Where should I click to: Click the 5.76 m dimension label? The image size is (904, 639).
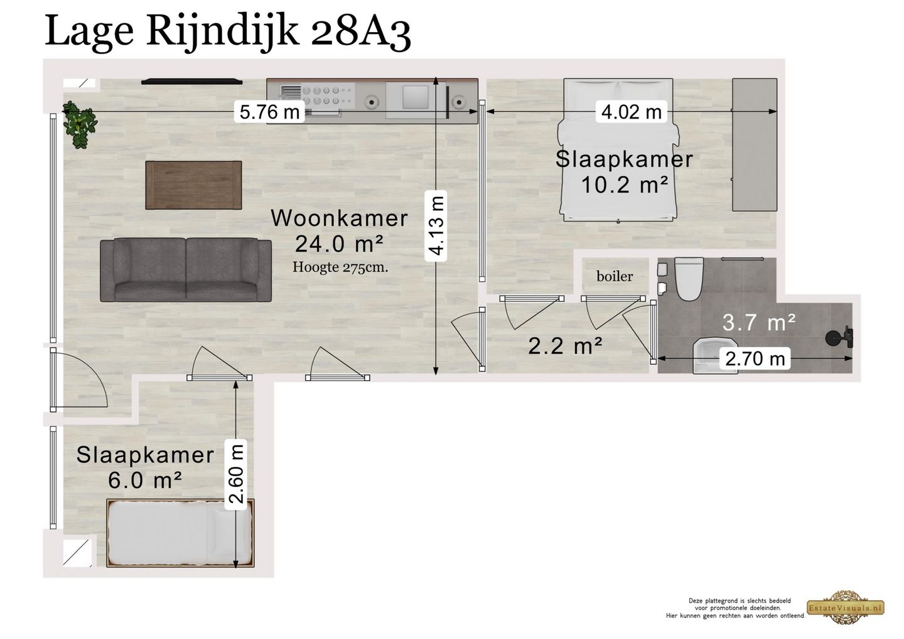[x=269, y=112]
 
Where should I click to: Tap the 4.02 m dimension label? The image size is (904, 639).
[x=631, y=112]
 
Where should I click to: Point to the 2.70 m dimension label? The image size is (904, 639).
[x=755, y=358]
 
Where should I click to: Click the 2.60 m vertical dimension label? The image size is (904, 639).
[x=236, y=474]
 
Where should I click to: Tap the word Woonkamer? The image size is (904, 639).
[x=339, y=218]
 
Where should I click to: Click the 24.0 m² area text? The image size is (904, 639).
[x=340, y=242]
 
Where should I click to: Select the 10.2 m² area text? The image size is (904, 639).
[x=623, y=185]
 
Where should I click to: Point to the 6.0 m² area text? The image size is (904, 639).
[x=145, y=481]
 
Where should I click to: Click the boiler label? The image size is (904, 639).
[x=615, y=276]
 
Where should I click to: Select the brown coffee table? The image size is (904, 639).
[x=193, y=185]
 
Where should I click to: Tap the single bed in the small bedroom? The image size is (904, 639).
[x=180, y=533]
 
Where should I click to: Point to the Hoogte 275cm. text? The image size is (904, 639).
[x=340, y=267]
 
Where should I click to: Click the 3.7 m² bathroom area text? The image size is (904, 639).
[x=759, y=323]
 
